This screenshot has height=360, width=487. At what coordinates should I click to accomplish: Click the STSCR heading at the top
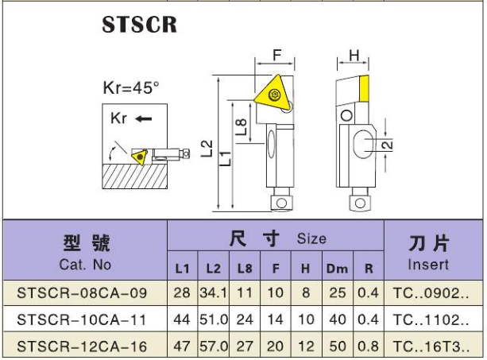pyautogui.click(x=140, y=24)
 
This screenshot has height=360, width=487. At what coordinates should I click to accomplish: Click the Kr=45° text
pyautogui.click(x=131, y=87)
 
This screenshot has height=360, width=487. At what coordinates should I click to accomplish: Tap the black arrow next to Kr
pyautogui.click(x=144, y=118)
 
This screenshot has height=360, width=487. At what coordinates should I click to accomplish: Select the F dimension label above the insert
pyautogui.click(x=276, y=56)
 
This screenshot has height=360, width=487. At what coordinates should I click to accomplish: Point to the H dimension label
pyautogui.click(x=354, y=56)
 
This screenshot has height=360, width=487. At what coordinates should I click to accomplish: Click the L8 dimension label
pyautogui.click(x=241, y=127)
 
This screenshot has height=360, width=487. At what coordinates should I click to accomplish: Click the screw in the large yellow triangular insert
pyautogui.click(x=274, y=94)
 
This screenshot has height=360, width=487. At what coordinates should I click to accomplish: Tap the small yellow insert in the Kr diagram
pyautogui.click(x=140, y=157)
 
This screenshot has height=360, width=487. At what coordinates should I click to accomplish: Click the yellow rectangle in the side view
pyautogui.click(x=364, y=88)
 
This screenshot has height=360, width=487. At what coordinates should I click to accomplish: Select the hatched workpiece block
pyautogui.click(x=135, y=176)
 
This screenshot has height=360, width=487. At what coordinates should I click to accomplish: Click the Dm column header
pyautogui.click(x=337, y=269)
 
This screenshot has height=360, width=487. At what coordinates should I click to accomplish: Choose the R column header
pyautogui.click(x=369, y=269)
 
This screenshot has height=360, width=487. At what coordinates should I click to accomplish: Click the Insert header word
pyautogui.click(x=428, y=265)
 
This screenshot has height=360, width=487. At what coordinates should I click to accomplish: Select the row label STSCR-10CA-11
pyautogui.click(x=82, y=319)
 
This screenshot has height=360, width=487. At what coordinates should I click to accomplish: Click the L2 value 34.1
pyautogui.click(x=214, y=293)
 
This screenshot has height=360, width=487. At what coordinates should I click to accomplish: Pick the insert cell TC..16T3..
pyautogui.click(x=431, y=346)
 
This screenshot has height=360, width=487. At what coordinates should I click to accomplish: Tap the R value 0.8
pyautogui.click(x=369, y=346)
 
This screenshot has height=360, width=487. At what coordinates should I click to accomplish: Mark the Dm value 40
pyautogui.click(x=338, y=319)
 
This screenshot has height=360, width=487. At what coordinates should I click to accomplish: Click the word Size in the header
pyautogui.click(x=311, y=238)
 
